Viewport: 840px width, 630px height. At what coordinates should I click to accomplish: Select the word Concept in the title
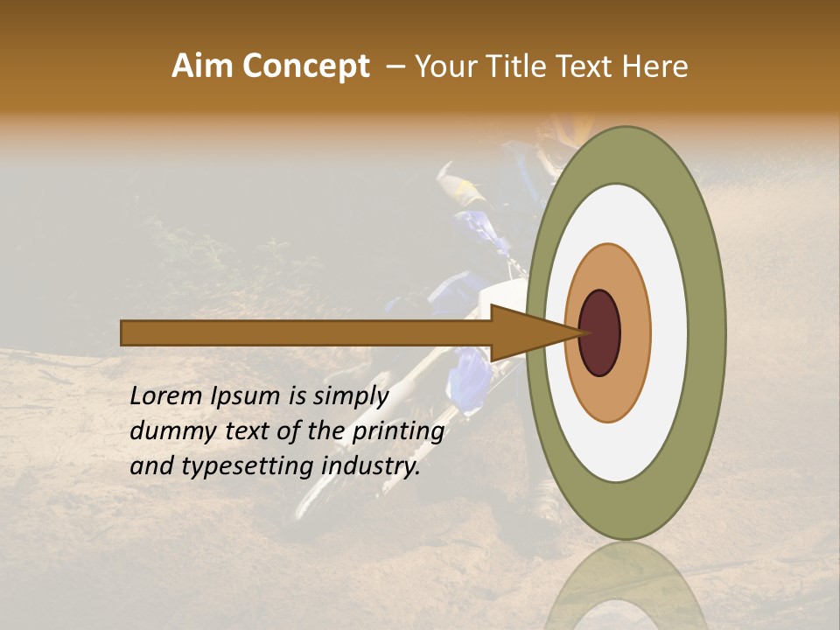point(305,66)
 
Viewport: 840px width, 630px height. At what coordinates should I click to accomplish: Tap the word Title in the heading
point(523,66)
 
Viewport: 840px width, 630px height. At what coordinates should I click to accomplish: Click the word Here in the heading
point(655,66)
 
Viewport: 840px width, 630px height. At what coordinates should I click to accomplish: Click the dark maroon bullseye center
point(599,332)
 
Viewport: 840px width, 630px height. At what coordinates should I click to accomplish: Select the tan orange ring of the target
point(635,332)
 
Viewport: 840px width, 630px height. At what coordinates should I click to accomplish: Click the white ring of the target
point(668,332)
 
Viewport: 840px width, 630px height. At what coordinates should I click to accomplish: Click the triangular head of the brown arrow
point(525,332)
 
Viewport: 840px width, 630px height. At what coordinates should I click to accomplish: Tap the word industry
point(371,466)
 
